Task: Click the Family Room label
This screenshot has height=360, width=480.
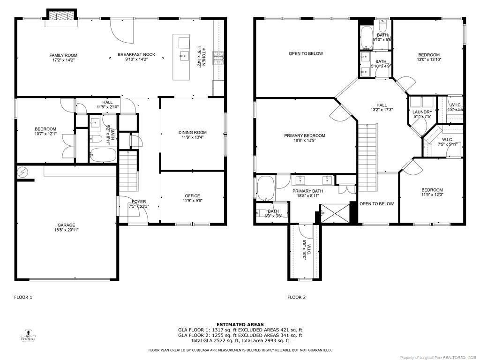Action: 63,55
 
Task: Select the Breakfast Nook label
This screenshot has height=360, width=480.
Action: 136,55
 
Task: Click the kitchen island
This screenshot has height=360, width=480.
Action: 181,57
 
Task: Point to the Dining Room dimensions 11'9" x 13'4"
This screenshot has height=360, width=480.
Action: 192,138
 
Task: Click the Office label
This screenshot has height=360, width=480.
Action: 192,196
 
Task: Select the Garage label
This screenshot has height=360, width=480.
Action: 66,225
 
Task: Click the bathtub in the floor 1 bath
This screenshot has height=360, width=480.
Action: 103,155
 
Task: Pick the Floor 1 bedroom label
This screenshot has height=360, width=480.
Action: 45,129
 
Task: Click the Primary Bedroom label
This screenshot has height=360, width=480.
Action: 304,136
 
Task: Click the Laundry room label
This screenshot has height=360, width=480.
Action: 422,112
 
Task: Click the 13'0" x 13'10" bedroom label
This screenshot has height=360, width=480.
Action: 428,55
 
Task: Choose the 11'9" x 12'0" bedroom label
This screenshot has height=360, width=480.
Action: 432,190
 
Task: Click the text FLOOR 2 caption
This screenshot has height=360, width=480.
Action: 296,297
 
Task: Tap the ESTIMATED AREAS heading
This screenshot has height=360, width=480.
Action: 240,324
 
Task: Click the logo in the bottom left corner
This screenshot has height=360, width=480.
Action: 29,335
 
